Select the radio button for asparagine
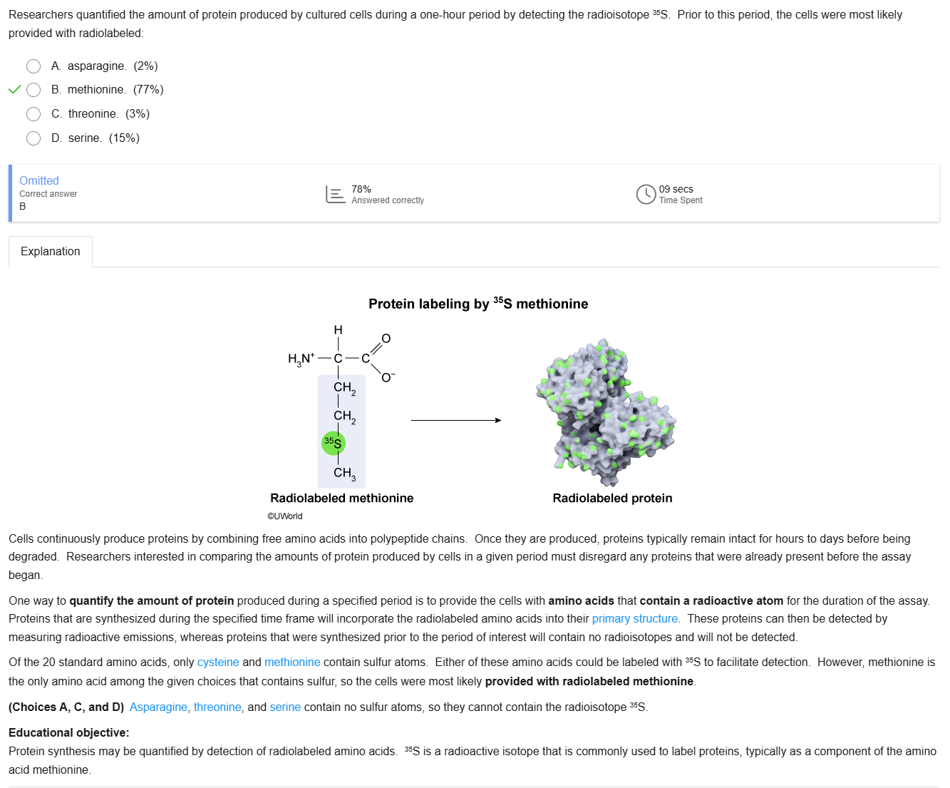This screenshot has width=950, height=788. click(33, 66)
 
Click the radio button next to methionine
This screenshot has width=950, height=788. click(33, 90)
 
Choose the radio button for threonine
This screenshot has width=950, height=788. click(33, 114)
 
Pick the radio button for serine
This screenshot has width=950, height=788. click(33, 138)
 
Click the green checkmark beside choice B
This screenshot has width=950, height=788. click(14, 90)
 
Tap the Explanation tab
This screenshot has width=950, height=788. click(51, 252)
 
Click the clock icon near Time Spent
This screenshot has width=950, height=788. click(646, 194)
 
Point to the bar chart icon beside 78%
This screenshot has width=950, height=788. click(335, 194)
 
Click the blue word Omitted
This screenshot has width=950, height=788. click(39, 181)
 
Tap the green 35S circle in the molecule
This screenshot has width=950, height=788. click(333, 443)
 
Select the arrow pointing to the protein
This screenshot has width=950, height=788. click(456, 420)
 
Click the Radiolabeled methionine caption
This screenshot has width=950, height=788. click(342, 498)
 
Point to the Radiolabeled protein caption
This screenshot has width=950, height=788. click(612, 498)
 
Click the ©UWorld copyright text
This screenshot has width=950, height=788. click(285, 516)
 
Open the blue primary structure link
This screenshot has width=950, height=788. click(634, 619)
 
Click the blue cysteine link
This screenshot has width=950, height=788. click(218, 662)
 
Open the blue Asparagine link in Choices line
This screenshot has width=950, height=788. click(158, 707)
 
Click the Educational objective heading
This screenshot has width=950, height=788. click(69, 733)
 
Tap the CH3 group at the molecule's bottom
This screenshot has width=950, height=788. click(344, 473)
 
